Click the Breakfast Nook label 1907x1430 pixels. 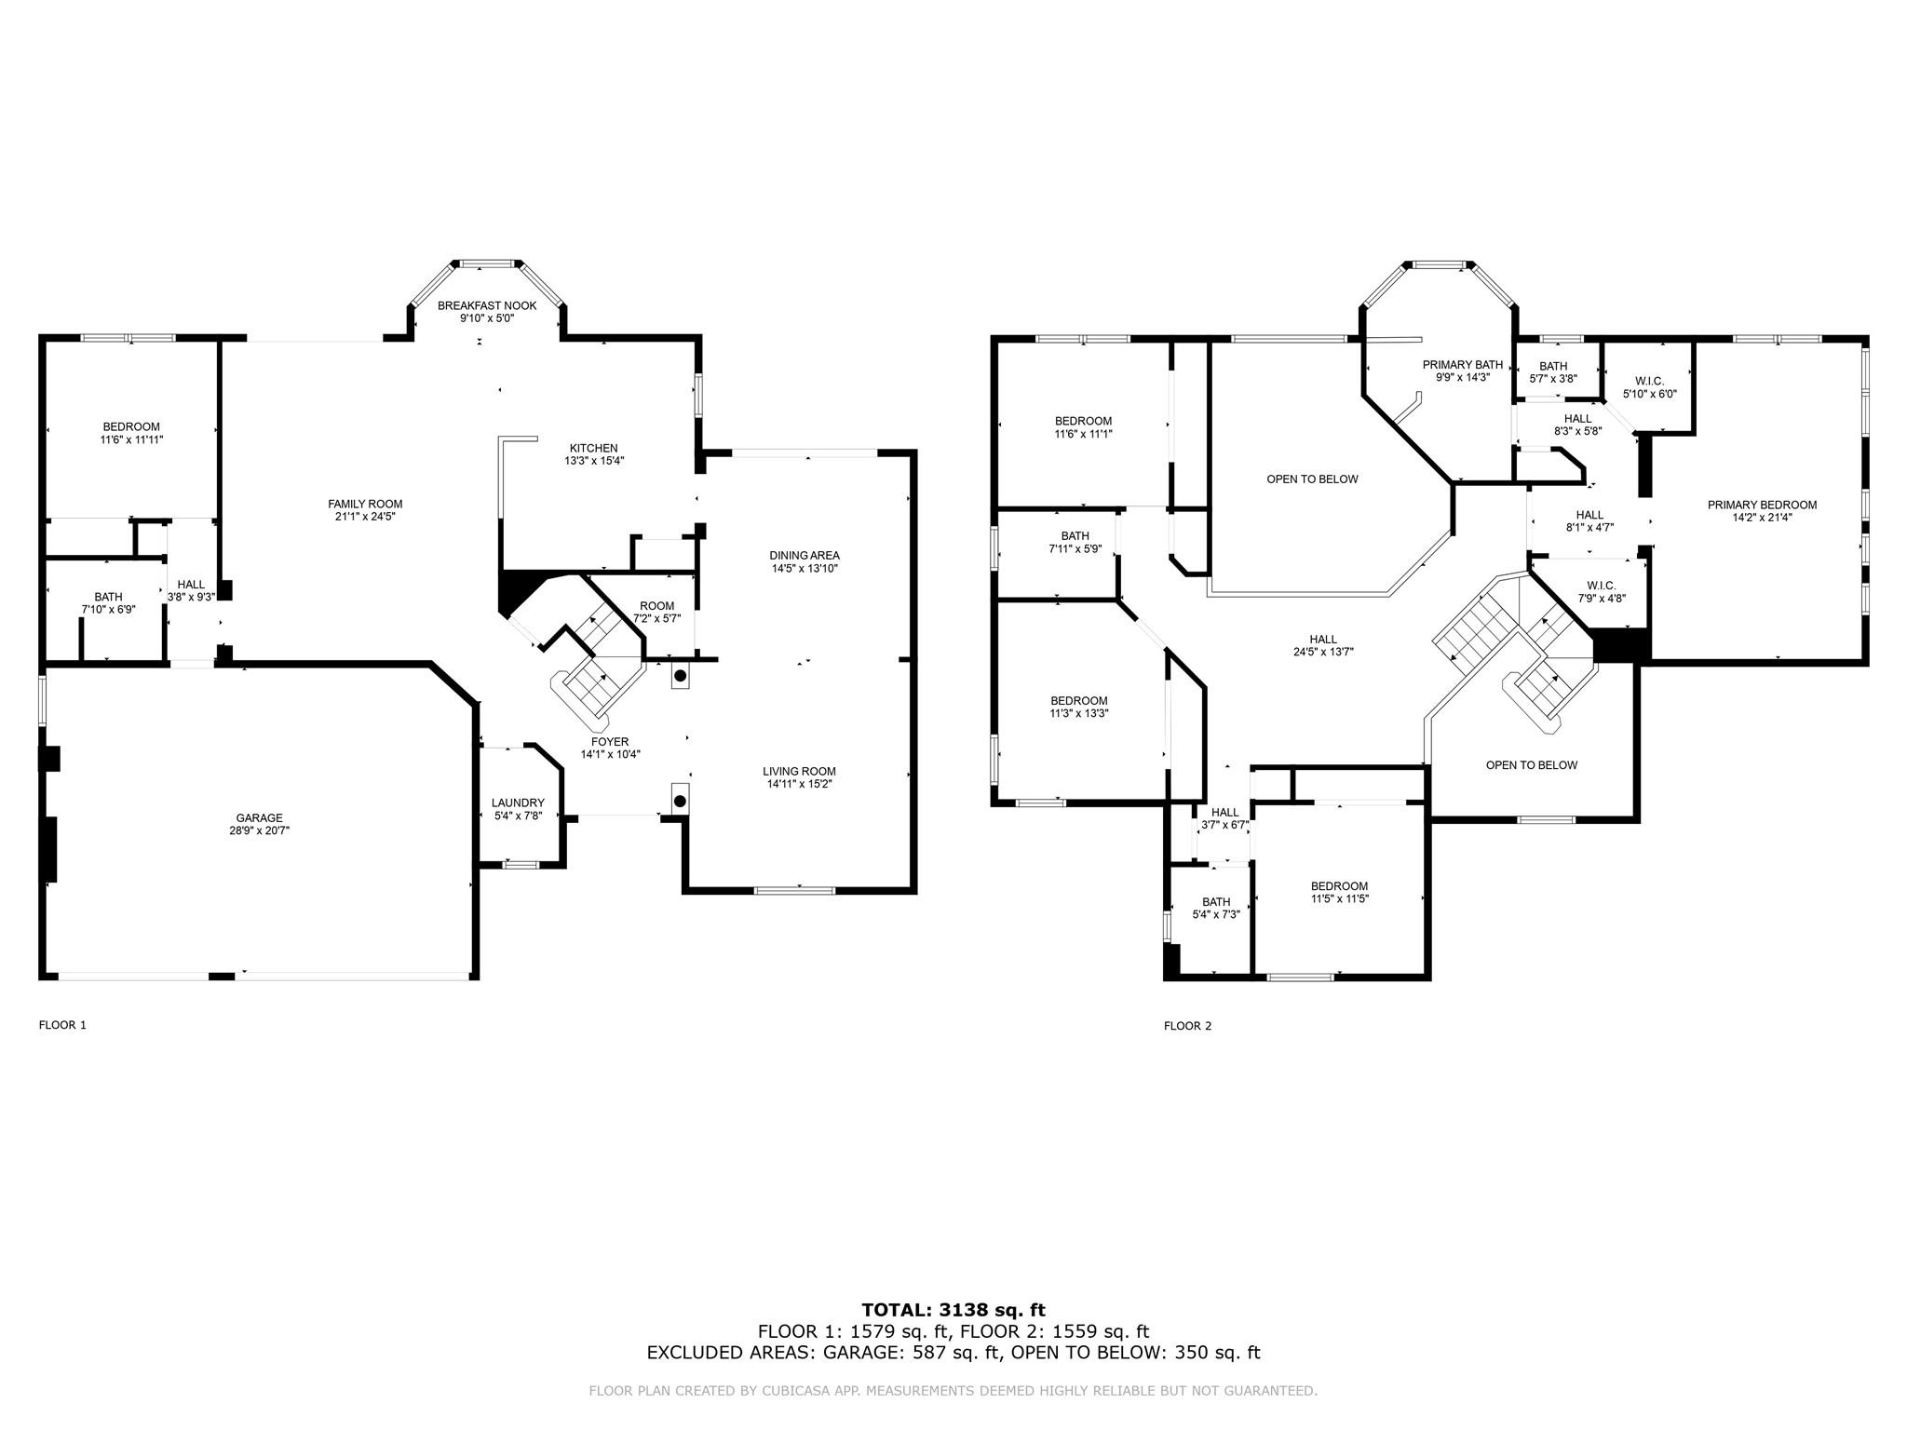click(x=487, y=305)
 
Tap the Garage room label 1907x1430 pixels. click(x=259, y=818)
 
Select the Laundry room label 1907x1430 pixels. click(x=518, y=803)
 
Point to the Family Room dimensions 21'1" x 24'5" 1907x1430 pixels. click(x=365, y=517)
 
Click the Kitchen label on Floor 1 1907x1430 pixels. click(x=593, y=448)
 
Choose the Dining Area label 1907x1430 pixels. click(x=805, y=556)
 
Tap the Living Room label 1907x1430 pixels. click(x=799, y=771)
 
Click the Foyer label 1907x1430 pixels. click(x=610, y=742)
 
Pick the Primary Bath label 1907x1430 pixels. click(x=1463, y=365)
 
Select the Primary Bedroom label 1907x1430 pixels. click(x=1762, y=506)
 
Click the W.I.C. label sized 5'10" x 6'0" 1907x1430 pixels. click(x=1649, y=381)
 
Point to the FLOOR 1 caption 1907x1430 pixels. click(x=62, y=1025)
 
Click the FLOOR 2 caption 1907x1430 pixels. click(x=1188, y=1026)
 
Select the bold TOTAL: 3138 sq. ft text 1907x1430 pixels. click(x=953, y=1311)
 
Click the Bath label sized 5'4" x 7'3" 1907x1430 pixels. click(x=1216, y=901)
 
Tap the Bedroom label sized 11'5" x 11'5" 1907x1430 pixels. click(x=1339, y=886)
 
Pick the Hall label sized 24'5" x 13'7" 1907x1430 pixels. click(x=1323, y=640)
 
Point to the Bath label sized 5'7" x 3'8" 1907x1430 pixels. click(x=1553, y=366)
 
